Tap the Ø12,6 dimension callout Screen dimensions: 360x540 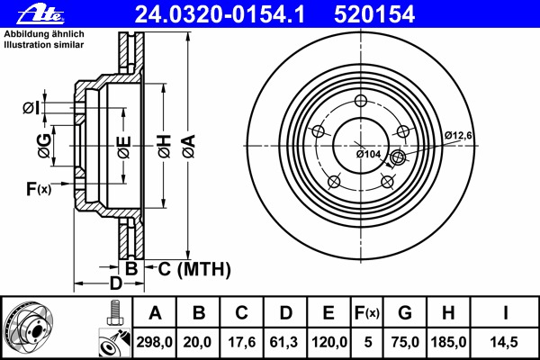[x=457, y=136]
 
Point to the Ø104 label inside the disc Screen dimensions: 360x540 [x=369, y=154]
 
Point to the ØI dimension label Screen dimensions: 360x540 [x=29, y=109]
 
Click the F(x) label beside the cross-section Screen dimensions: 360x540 [x=39, y=188]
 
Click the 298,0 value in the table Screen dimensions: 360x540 [x=155, y=343]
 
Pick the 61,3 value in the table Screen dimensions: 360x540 [x=285, y=343]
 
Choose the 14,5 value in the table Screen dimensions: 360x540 [x=507, y=343]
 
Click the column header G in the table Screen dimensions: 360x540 [x=405, y=314]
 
